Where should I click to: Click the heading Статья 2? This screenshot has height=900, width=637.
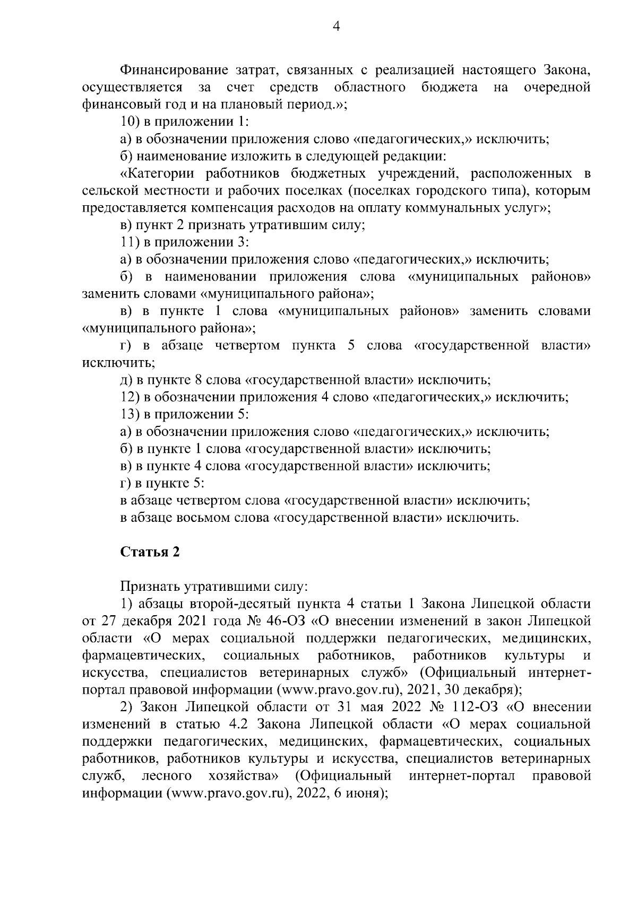[x=150, y=552]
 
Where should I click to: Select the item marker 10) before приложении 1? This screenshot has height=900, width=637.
[x=130, y=121]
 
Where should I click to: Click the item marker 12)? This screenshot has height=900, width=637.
[x=130, y=397]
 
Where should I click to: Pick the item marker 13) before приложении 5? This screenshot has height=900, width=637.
[x=130, y=414]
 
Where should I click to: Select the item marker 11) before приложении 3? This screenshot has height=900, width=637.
[x=130, y=242]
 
